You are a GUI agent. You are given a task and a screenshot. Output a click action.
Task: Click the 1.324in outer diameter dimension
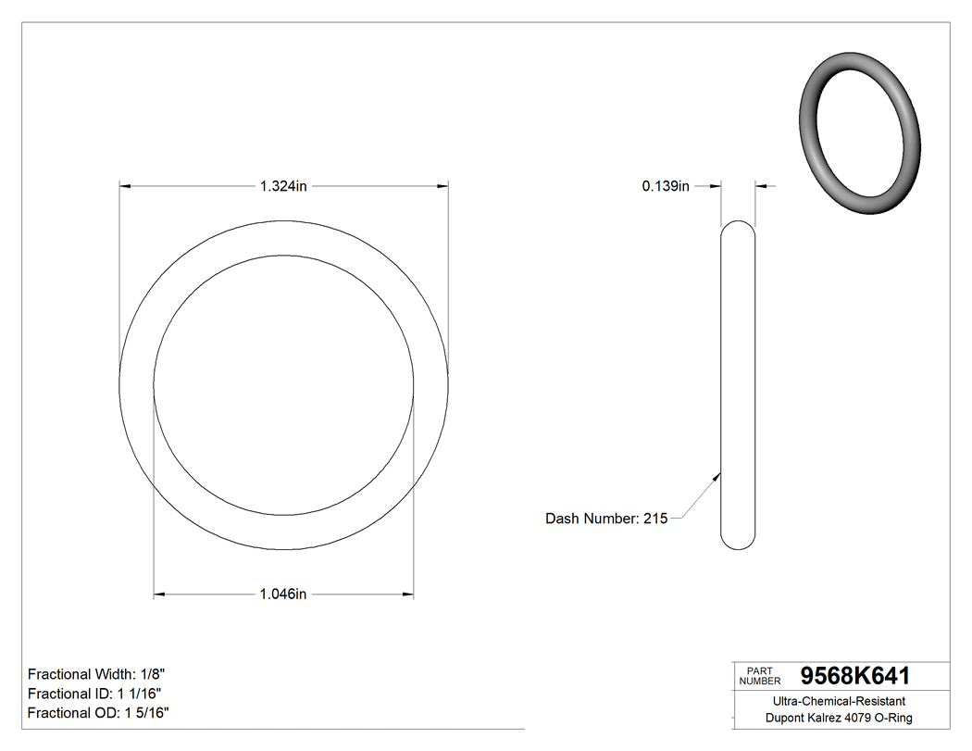tap(283, 186)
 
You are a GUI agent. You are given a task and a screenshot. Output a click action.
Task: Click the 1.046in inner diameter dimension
tap(283, 594)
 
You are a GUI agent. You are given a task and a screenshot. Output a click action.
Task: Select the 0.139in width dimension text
tap(666, 186)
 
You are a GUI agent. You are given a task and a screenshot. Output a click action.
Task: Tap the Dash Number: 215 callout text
tap(606, 519)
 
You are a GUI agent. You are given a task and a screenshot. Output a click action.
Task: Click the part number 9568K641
tap(854, 675)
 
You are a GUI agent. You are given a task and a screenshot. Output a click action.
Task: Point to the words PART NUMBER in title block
tap(760, 676)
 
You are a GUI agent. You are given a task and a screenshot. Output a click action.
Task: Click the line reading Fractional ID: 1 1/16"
tap(96, 694)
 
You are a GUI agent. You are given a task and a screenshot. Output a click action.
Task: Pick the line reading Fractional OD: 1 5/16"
tap(98, 713)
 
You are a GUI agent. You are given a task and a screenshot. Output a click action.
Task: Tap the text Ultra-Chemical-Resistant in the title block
tap(839, 702)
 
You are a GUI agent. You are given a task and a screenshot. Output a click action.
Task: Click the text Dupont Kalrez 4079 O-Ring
tap(839, 719)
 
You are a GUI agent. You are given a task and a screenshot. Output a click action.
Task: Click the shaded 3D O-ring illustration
tap(860, 135)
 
